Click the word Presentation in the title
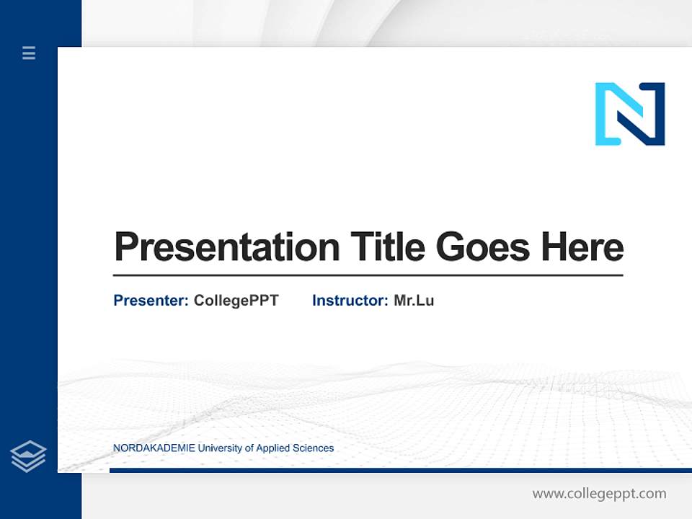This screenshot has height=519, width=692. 227,247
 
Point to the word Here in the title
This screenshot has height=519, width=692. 582,247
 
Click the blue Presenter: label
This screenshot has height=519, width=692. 151,301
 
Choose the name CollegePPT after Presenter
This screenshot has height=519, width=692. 236,301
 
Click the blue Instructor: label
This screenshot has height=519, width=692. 350,301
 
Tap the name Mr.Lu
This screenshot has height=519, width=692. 414,301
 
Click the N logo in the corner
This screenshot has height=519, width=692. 630,114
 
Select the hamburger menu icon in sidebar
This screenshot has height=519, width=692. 29,53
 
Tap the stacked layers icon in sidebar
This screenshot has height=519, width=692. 29,456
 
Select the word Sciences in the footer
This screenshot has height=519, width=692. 314,448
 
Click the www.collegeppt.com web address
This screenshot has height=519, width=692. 599,494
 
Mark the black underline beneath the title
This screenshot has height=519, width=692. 368,275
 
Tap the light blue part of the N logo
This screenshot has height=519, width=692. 603,115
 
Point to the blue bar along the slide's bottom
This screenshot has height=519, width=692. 400,470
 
